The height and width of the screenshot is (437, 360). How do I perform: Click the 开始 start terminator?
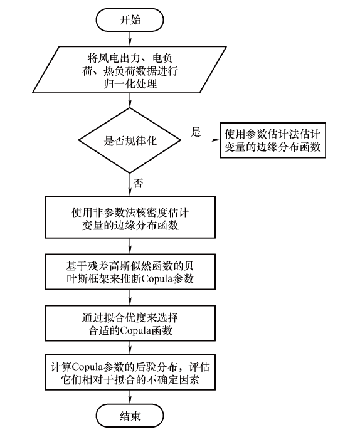(x=130, y=20)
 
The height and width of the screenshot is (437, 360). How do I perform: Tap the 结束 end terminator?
(x=130, y=416)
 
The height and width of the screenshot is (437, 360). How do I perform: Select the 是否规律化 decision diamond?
(x=130, y=140)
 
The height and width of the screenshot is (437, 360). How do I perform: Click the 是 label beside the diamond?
(x=196, y=132)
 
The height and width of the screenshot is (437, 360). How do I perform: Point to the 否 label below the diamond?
(x=138, y=183)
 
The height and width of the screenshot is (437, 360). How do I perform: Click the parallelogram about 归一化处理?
(x=129, y=70)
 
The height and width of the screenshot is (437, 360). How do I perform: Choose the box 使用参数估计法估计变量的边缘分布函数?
(x=273, y=140)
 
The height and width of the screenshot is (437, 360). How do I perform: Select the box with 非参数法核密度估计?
(x=130, y=218)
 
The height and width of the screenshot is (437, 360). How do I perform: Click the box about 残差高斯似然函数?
(x=130, y=271)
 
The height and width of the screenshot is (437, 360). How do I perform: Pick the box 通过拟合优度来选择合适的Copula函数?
(x=130, y=324)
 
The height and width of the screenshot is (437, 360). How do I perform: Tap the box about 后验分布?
(x=130, y=372)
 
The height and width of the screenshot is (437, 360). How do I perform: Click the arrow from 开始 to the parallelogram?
(x=130, y=39)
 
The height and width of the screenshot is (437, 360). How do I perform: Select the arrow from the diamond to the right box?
(x=201, y=140)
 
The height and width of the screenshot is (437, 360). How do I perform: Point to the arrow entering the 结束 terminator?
(x=130, y=397)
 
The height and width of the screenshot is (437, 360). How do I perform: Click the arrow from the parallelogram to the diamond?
(x=130, y=100)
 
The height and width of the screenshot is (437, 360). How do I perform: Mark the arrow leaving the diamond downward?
(x=130, y=185)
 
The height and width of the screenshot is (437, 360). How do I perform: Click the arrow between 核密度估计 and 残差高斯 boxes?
(x=130, y=246)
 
